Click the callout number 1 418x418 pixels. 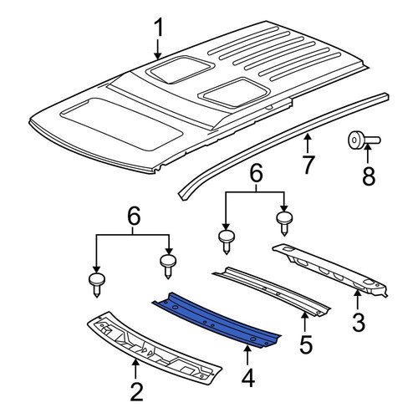pos(159,28)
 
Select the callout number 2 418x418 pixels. pos(136,392)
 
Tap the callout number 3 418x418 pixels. pos(359,323)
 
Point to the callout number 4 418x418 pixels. pos(248,377)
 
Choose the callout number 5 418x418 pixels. pos(306,344)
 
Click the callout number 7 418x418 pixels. pos(308,165)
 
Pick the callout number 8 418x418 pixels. pos(369,176)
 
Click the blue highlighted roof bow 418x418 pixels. pos(218,320)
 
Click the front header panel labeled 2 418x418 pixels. pos(154,349)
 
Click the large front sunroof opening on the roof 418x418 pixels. pos(122,124)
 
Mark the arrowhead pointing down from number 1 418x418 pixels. pos(158,56)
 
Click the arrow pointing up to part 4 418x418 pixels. pos(247,355)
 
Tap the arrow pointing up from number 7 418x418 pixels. pos(307,143)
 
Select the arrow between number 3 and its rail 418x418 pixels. pos(357,300)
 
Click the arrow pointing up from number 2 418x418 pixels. pos(135,370)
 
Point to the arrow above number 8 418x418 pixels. pos(367,152)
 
